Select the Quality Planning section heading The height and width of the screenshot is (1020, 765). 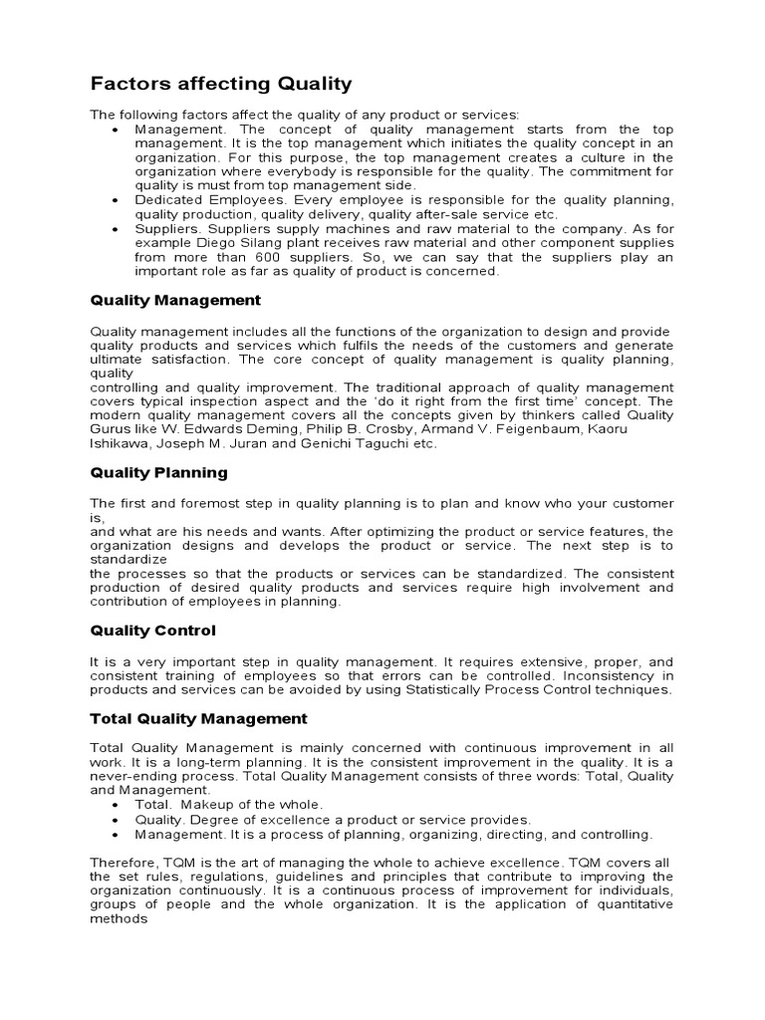tap(158, 472)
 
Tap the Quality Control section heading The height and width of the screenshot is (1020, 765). tap(152, 631)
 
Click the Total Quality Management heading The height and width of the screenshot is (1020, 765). tap(198, 718)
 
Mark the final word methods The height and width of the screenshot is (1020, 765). tap(119, 919)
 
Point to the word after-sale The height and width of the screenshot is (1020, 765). tap(420, 214)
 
